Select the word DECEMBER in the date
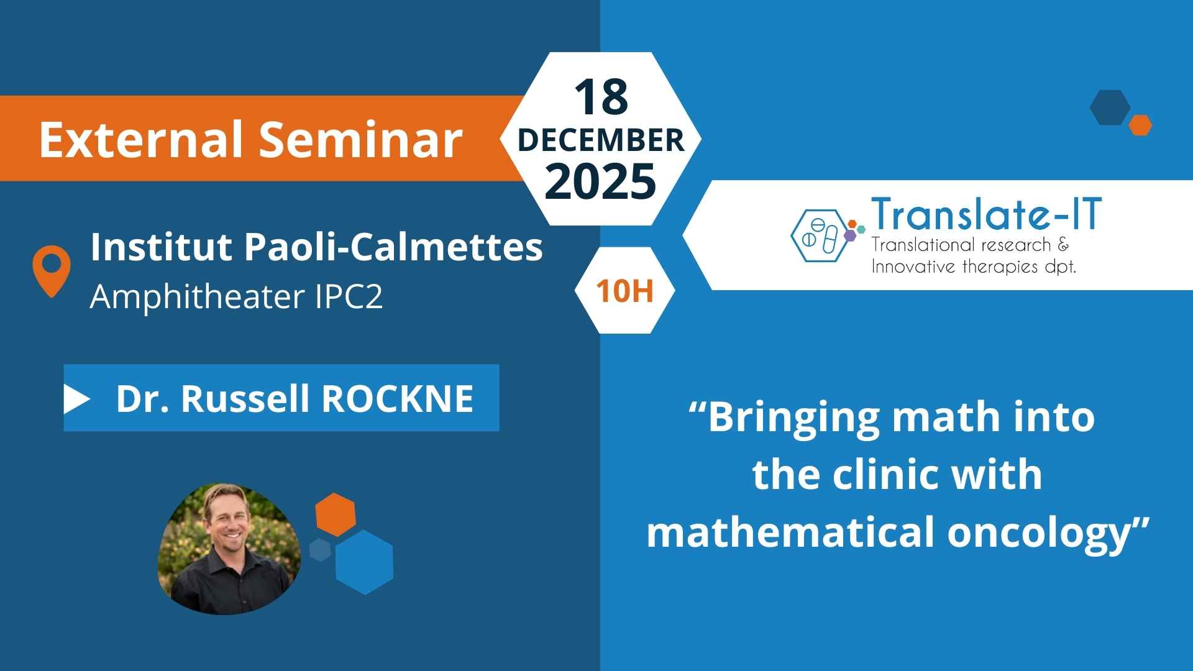(601, 140)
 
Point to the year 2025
(601, 181)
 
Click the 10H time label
(625, 291)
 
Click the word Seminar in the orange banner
(360, 139)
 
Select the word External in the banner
(141, 139)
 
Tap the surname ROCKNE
(398, 398)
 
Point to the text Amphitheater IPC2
(236, 296)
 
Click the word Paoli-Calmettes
(393, 247)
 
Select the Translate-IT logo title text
(987, 214)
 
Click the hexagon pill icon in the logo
(818, 235)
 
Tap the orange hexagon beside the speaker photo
(336, 515)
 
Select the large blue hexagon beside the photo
(364, 562)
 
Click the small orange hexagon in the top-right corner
(1140, 125)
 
